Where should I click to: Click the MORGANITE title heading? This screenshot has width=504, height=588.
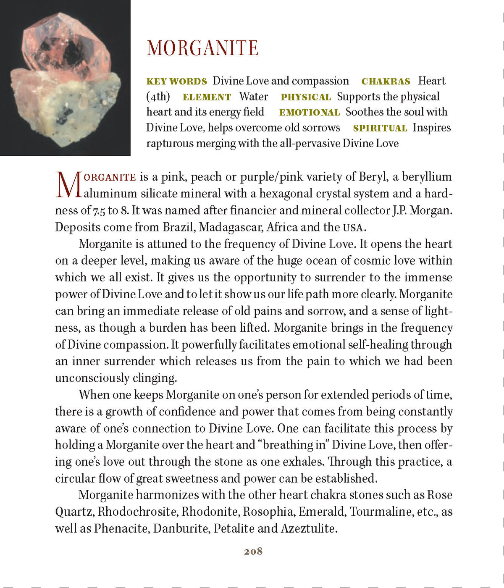click(x=202, y=48)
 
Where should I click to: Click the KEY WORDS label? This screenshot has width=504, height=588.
click(x=176, y=81)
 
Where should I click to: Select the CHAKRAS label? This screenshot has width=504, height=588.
click(x=386, y=81)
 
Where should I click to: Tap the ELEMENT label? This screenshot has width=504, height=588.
click(x=207, y=97)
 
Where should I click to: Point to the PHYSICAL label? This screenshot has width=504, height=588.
click(x=306, y=97)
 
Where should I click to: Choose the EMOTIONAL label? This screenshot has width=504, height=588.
click(x=309, y=113)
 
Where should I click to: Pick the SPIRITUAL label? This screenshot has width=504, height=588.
click(x=380, y=129)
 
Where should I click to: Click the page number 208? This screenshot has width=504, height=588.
click(x=253, y=551)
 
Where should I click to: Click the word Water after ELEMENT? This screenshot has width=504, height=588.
click(x=254, y=97)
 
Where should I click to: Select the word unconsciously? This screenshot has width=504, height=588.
click(x=92, y=378)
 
